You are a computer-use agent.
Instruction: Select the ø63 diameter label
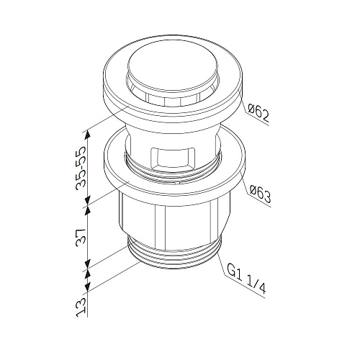260,194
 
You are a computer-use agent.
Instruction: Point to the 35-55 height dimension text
81,168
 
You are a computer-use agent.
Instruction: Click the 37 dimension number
81,236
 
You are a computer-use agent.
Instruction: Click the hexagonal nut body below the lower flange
174,218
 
